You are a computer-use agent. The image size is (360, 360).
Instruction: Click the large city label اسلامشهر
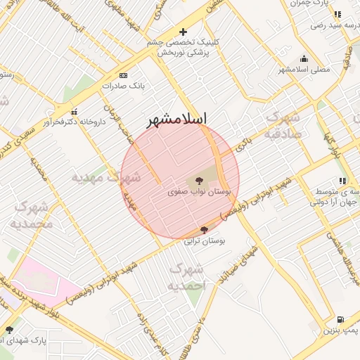coord(180,120)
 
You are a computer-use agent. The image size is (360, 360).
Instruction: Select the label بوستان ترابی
coord(205,240)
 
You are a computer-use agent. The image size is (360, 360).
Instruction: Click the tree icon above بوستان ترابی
coord(204,230)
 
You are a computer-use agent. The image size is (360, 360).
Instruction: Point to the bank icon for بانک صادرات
coord(124,75)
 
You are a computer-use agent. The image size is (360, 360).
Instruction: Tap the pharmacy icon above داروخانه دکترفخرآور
coord(74,111)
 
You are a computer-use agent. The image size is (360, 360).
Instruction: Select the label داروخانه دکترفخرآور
coord(73,122)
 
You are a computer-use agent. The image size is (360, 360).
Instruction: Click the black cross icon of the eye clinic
coord(183,32)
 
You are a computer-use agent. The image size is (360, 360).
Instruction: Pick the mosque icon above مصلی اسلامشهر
coord(304,59)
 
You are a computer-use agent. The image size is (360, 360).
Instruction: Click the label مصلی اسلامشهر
coord(304,69)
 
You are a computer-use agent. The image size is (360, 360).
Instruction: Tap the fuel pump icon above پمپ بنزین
coord(341,319)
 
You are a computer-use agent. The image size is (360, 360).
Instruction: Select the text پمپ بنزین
coord(341,330)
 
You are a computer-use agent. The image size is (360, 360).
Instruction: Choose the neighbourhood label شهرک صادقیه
coord(283,124)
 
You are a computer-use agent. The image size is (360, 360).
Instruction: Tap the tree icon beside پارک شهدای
coord(9,330)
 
